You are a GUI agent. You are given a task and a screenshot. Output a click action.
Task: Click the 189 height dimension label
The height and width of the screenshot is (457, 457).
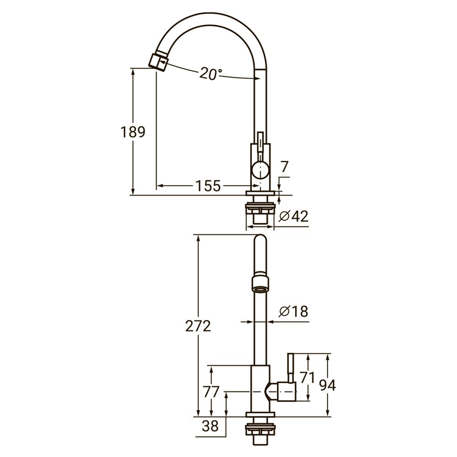pyautogui.click(x=133, y=132)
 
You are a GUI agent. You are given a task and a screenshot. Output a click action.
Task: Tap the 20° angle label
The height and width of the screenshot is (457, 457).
pyautogui.click(x=211, y=74)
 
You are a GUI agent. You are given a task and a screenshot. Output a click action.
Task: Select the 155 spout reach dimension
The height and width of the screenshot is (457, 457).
pyautogui.click(x=208, y=186)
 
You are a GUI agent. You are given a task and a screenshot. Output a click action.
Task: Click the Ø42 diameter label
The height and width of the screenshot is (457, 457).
pyautogui.click(x=294, y=216)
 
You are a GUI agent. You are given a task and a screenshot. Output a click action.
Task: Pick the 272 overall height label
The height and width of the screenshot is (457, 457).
pyautogui.click(x=198, y=326)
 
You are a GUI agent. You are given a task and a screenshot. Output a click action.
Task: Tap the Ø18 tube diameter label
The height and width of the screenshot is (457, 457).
pyautogui.click(x=293, y=312)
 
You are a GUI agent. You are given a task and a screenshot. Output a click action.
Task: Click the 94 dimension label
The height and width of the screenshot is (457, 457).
pyautogui.click(x=327, y=386)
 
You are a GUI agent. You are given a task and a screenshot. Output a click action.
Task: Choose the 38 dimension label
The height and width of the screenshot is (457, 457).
pyautogui.click(x=210, y=426)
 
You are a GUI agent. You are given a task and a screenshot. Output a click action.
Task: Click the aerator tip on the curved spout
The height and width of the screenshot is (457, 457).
pyautogui.click(x=158, y=62)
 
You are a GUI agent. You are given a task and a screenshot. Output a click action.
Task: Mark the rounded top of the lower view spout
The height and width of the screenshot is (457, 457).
pyautogui.click(x=260, y=242)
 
